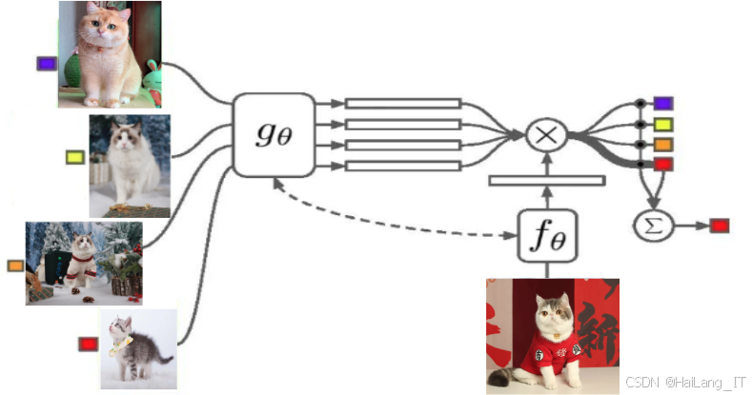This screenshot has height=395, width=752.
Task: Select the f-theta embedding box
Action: pos(547,235)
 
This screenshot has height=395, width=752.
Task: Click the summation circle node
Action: pos(654,225)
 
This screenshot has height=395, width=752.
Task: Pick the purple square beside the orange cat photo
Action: pos(47,64)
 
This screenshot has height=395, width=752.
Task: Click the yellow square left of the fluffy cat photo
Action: pos(75,157)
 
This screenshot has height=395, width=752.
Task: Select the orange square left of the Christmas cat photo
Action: pos(15,266)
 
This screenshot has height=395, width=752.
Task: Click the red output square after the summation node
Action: pos(720,226)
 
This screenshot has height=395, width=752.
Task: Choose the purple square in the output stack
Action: pos(663,103)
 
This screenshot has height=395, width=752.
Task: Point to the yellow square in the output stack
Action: pos(663,124)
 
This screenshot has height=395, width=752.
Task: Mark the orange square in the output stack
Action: pos(663,145)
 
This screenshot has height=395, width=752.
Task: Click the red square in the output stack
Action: pos(663,165)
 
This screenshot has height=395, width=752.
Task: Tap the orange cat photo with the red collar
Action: pos(110,53)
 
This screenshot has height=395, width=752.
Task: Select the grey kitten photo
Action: pos(138,348)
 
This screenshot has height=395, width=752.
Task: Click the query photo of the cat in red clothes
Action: pos(552,335)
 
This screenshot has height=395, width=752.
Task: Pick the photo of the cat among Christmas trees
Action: pos(84,263)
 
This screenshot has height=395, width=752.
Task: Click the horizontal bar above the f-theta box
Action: pos(547,180)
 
